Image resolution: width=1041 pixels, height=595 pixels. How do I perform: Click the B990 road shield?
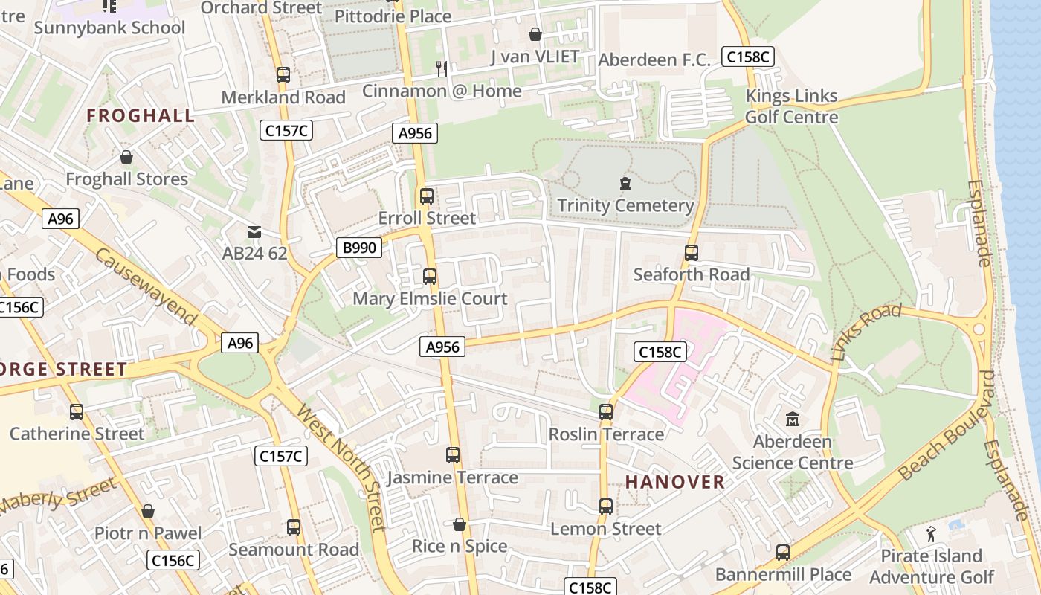360,248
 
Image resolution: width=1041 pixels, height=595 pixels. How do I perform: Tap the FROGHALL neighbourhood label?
141,115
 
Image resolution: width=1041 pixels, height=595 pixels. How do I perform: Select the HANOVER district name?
674,482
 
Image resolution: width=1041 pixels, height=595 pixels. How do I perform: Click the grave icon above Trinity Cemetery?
625,183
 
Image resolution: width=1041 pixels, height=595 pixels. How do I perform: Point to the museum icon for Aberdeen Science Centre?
792,419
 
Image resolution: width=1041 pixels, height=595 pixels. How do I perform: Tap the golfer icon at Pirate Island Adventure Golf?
931,533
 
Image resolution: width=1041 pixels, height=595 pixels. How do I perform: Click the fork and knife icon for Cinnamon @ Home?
442,69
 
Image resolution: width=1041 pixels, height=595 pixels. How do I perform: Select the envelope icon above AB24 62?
254,231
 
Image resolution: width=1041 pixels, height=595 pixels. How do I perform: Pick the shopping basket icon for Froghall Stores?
126,157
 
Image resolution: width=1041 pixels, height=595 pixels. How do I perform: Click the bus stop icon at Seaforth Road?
692,253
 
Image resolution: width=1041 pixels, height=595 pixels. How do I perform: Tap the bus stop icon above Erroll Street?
427,196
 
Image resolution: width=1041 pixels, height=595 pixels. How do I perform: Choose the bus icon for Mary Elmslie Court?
430,277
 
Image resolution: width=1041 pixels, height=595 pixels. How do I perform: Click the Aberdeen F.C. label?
654,59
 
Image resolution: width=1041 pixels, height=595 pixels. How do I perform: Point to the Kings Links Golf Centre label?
791,106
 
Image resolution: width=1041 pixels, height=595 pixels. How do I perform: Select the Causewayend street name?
146,288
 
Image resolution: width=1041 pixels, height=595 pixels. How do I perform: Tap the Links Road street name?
866,333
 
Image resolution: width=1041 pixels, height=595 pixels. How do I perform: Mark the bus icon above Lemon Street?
606,506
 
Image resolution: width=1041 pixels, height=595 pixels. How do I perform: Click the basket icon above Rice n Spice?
460,524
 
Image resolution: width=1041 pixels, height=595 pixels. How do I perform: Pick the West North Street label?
341,468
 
